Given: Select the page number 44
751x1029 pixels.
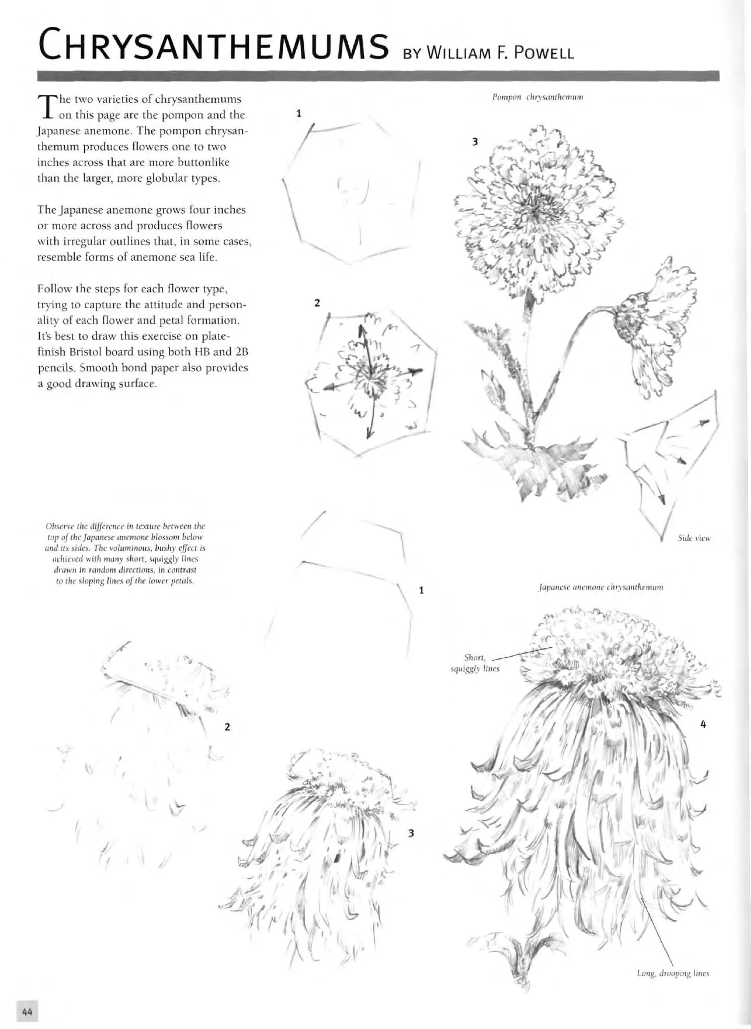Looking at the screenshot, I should tap(27, 1012).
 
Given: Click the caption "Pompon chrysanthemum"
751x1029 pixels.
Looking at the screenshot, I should tap(538, 97).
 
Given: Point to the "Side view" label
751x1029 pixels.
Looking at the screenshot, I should tap(694, 539).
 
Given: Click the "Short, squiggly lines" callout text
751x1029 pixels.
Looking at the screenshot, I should tap(475, 663).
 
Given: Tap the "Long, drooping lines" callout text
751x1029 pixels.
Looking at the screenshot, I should tap(673, 974).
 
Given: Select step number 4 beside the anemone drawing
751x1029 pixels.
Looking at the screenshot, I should tap(703, 725).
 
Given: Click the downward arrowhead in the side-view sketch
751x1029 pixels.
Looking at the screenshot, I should tap(662, 500).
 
